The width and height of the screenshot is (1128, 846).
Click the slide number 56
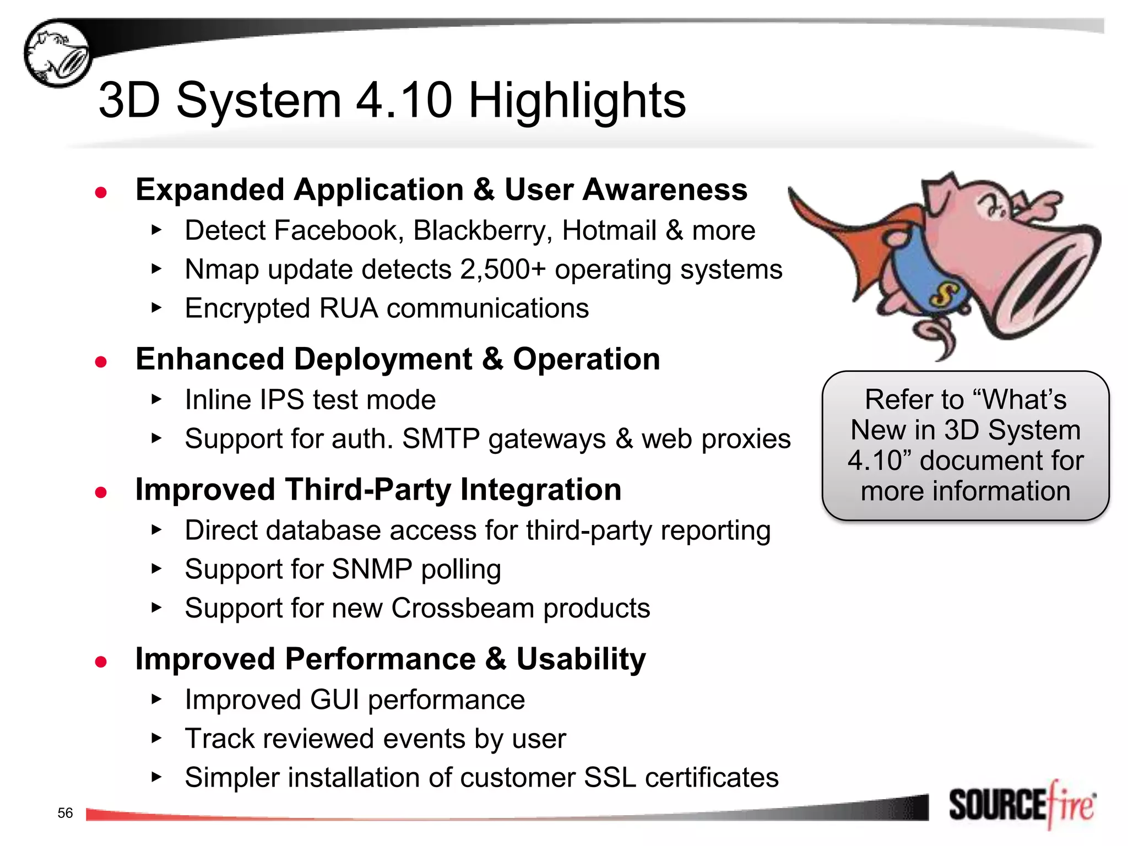click(x=65, y=813)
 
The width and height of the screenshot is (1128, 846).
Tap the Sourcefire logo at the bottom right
click(x=1022, y=805)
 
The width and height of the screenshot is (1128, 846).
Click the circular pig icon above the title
click(x=58, y=53)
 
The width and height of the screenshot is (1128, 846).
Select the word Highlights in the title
click(x=577, y=100)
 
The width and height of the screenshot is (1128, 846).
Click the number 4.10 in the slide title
click(x=404, y=100)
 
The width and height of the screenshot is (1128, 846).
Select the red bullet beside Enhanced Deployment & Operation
click(x=101, y=362)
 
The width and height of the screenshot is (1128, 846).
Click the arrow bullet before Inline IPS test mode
click(x=156, y=399)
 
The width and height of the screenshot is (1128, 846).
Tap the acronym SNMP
click(x=372, y=570)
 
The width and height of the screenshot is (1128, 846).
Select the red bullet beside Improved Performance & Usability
click(x=101, y=661)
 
